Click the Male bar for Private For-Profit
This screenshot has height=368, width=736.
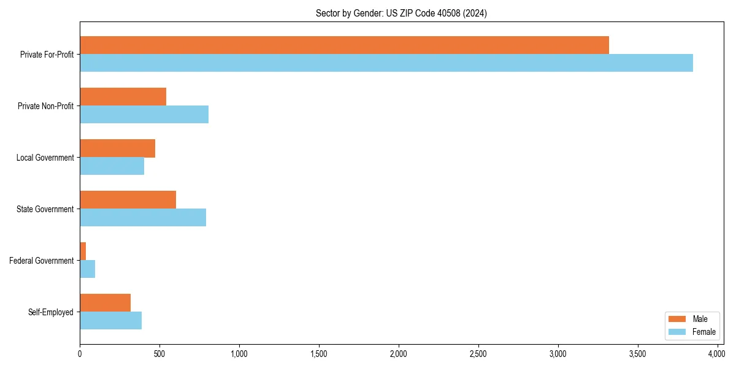tap(344, 45)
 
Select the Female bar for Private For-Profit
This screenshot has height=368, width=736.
tap(386, 63)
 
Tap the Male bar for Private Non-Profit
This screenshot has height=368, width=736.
tap(123, 97)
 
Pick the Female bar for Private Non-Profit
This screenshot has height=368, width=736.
tap(144, 115)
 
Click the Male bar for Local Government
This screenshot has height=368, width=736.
tap(117, 148)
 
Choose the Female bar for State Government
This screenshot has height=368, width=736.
tap(143, 218)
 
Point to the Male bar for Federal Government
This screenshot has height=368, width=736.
tap(83, 251)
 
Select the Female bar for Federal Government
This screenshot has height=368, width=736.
tap(87, 269)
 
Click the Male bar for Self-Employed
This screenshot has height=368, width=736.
tap(105, 303)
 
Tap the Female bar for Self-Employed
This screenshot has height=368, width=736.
tap(110, 321)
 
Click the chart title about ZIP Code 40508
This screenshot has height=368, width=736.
tap(401, 13)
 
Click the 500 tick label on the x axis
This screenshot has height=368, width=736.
tap(159, 354)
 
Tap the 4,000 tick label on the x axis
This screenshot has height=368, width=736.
tap(717, 354)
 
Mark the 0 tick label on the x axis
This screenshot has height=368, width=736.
tap(80, 354)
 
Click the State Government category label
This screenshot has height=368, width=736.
tap(45, 209)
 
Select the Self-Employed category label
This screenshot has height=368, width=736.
tap(51, 312)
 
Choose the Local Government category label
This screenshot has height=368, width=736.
tap(45, 158)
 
